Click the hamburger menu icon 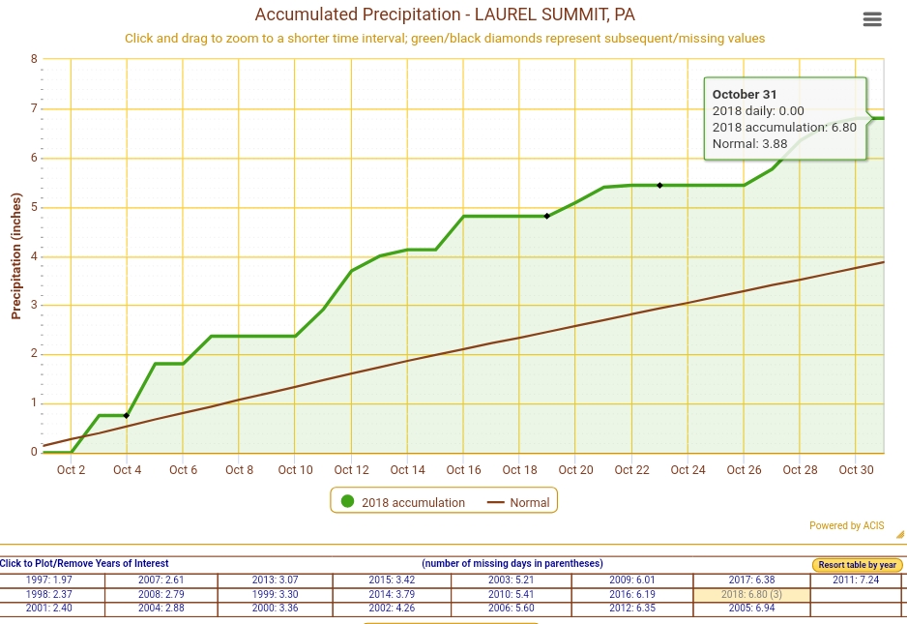(x=871, y=19)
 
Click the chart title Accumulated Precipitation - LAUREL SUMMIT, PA (x=445, y=15)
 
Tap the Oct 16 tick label (x=463, y=470)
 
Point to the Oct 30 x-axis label (x=856, y=470)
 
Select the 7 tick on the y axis (x=34, y=108)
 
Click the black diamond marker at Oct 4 (x=127, y=416)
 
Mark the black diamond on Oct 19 (x=547, y=216)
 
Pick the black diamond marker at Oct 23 (x=659, y=185)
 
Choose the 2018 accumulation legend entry (x=402, y=502)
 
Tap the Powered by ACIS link (x=847, y=526)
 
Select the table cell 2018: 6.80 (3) (x=751, y=594)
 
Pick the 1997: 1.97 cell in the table (x=49, y=579)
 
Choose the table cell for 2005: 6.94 (x=751, y=609)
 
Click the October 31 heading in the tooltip (x=744, y=94)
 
